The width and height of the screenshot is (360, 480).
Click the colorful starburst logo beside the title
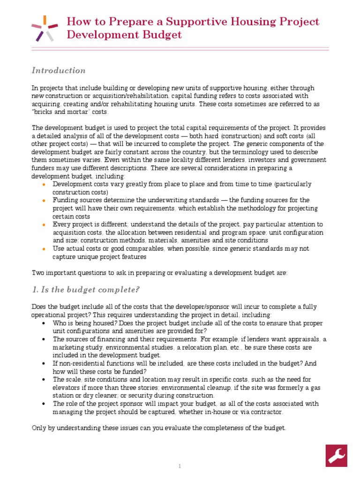pyautogui.click(x=45, y=28)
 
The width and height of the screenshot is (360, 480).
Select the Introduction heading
pyautogui.click(x=59, y=70)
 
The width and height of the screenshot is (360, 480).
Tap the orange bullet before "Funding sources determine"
pyautogui.click(x=44, y=200)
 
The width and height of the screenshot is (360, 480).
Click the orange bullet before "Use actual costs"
pyautogui.click(x=44, y=249)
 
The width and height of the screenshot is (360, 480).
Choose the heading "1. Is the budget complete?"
pyautogui.click(x=86, y=290)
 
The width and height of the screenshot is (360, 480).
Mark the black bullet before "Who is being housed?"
pyautogui.click(x=44, y=324)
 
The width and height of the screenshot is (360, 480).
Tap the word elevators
pyautogui.click(x=67, y=387)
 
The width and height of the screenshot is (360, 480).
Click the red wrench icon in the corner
pyautogui.click(x=336, y=456)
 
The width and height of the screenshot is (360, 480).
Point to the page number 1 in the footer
pyautogui.click(x=180, y=466)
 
